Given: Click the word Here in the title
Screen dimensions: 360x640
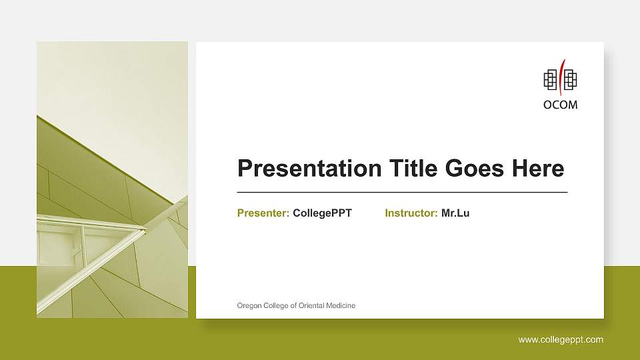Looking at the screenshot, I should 537,169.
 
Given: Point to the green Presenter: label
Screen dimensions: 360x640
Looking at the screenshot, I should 263,213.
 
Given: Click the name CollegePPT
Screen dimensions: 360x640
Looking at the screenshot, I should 322,213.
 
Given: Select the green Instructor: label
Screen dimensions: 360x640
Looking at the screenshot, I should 411,213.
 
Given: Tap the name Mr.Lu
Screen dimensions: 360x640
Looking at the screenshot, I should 455,213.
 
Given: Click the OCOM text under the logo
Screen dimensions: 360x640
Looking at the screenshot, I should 561,105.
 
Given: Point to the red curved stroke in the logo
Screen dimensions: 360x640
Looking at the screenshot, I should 561,77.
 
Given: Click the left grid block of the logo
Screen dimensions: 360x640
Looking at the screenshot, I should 551,81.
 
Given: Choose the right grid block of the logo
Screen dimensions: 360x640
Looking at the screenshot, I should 571,81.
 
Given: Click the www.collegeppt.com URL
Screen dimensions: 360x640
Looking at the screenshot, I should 561,340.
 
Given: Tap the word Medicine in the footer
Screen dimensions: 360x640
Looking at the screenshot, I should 341,305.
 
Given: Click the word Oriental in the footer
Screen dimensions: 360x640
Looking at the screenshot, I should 311,305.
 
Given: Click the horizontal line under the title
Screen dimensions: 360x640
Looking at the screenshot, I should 402,192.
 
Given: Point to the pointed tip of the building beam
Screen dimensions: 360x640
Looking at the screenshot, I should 145,231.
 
